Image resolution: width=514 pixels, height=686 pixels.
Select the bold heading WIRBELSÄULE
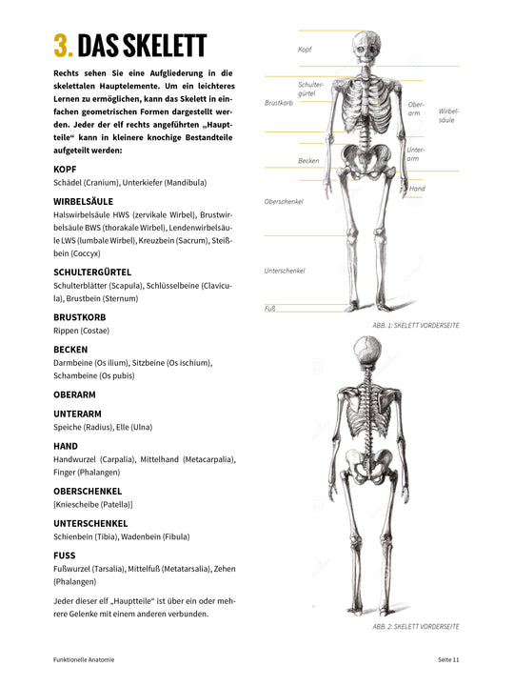pyautogui.click(x=84, y=201)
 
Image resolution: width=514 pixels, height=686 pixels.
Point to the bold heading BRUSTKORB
pyautogui.click(x=80, y=316)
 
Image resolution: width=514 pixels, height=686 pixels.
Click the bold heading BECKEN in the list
pyautogui.click(x=71, y=350)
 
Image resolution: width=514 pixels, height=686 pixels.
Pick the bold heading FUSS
pyautogui.click(x=66, y=555)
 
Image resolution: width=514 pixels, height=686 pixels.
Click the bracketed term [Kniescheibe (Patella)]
pyautogui.click(x=93, y=504)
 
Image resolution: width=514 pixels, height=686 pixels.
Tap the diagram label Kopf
pyautogui.click(x=305, y=49)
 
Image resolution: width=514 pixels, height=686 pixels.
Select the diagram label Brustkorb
pyautogui.click(x=278, y=102)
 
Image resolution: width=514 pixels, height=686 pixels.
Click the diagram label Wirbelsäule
pyautogui.click(x=447, y=115)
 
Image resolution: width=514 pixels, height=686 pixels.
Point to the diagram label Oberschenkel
pyautogui.click(x=284, y=201)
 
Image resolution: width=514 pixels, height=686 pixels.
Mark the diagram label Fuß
pyautogui.click(x=269, y=308)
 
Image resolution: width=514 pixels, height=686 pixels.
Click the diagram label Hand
pyautogui.click(x=417, y=189)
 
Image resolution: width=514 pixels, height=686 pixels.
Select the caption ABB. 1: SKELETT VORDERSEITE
pyautogui.click(x=416, y=326)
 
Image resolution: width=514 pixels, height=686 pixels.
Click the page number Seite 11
pyautogui.click(x=448, y=659)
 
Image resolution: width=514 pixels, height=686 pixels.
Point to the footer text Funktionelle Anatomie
pyautogui.click(x=85, y=659)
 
